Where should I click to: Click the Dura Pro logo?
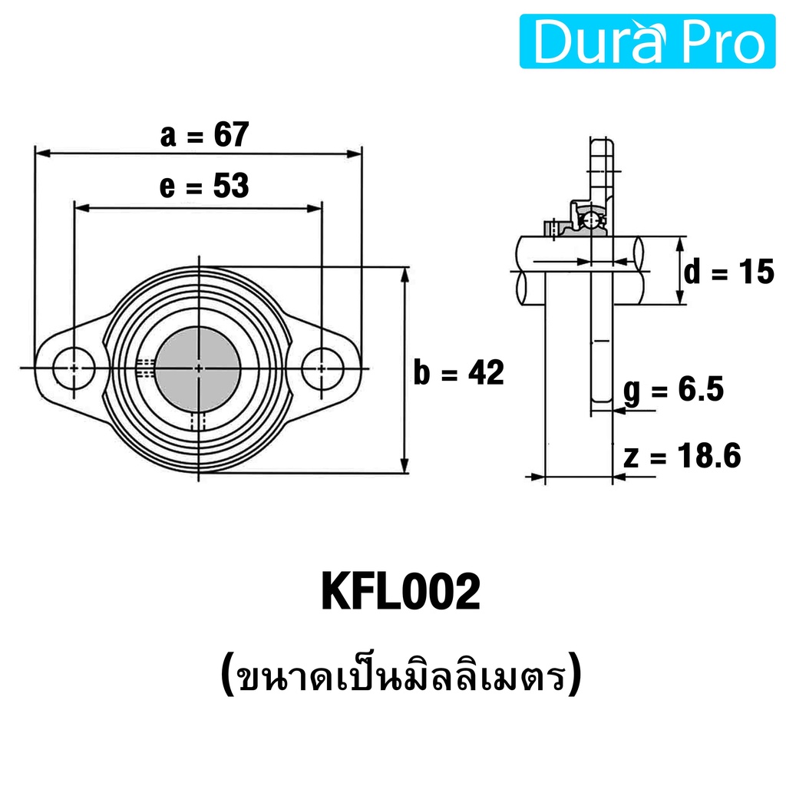coord(647,41)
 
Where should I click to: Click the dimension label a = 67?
coord(204,134)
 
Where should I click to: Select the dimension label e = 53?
coord(204,186)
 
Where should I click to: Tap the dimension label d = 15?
coord(729,272)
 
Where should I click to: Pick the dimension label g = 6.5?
coord(674,389)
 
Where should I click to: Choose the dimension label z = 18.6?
coord(682,456)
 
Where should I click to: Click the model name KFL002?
coord(401,592)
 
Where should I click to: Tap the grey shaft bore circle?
coord(198,369)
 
